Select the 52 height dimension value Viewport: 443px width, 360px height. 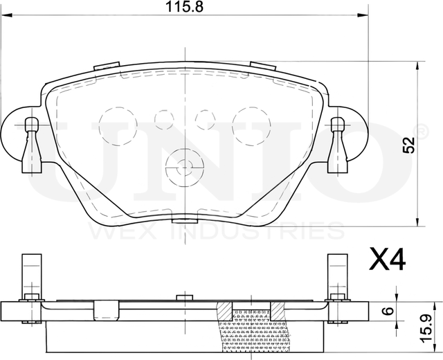point(409,145)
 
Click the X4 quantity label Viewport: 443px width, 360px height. point(387,261)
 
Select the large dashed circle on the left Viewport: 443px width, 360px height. point(118,126)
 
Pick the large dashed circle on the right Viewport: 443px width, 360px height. point(251,126)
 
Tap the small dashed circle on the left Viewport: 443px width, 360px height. point(164,120)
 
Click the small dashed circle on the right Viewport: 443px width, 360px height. point(205,120)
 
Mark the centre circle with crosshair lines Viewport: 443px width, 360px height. point(184,165)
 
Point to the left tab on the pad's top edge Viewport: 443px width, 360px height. point(107,66)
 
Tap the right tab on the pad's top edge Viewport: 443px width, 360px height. point(263,66)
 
